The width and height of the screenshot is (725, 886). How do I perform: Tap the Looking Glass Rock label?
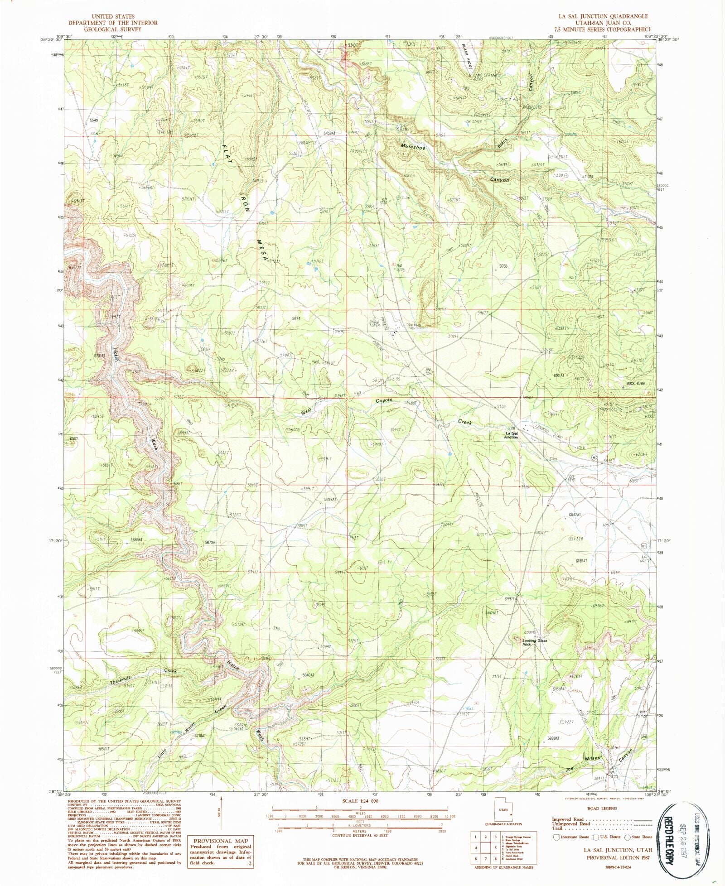point(535,642)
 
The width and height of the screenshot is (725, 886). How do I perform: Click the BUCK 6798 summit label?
point(635,383)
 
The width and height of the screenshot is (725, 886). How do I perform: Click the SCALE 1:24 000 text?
point(361,801)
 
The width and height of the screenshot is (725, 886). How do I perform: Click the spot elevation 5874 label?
point(296,318)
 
